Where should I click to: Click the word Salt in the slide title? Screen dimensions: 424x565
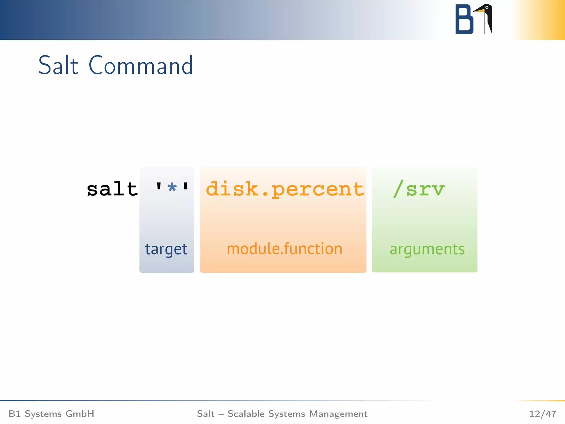(58, 65)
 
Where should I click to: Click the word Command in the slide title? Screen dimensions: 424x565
(141, 65)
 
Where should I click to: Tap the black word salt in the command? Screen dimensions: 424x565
(112, 189)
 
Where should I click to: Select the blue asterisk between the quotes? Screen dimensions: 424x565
(172, 188)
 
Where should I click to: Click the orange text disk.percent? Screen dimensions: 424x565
(285, 190)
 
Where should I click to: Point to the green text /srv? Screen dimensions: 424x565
(419, 189)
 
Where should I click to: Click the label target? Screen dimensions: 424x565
(166, 250)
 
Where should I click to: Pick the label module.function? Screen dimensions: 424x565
(284, 249)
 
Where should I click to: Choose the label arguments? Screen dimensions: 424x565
(427, 250)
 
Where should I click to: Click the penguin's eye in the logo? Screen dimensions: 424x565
(487, 7)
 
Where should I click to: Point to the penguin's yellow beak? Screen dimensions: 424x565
(479, 10)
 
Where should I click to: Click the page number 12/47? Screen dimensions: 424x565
(542, 414)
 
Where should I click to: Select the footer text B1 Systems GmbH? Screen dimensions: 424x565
(51, 414)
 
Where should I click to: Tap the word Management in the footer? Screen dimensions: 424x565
(338, 414)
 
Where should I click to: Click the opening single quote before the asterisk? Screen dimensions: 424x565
(159, 186)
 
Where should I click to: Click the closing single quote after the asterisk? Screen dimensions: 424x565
(186, 186)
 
